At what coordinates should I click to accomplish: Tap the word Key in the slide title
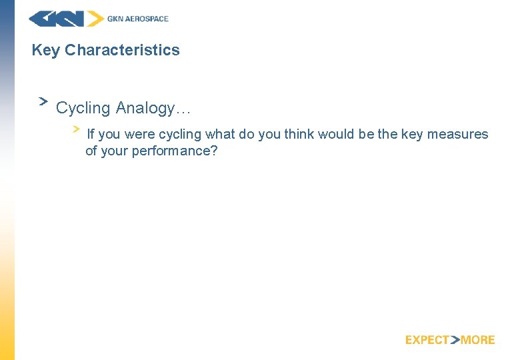tap(46, 50)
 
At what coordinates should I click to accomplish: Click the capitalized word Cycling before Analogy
tap(83, 107)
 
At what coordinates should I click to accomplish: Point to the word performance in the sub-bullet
tap(174, 151)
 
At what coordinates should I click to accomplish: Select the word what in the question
tap(219, 134)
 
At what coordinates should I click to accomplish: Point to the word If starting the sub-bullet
tap(91, 134)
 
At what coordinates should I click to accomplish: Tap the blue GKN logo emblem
tap(65, 19)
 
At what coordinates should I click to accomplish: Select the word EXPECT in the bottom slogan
tap(427, 340)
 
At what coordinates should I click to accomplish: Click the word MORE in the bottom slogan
tap(477, 340)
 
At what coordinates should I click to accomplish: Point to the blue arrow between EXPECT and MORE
tap(455, 340)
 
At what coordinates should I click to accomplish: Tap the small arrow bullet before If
tap(77, 128)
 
